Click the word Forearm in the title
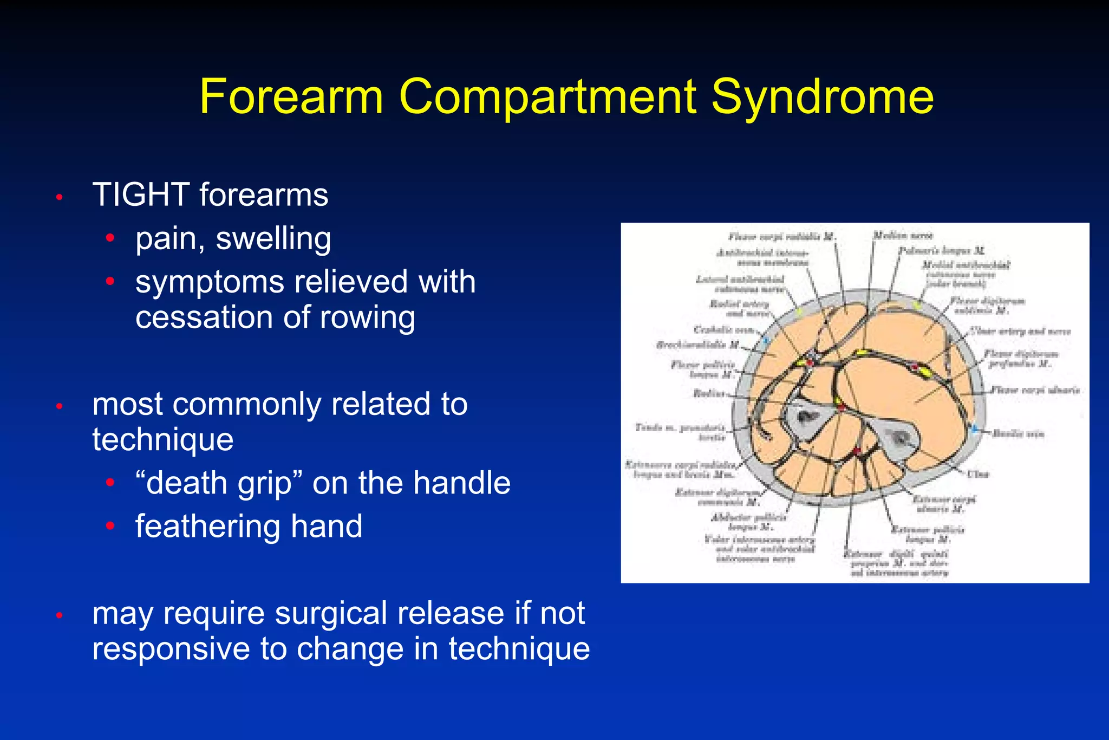291,98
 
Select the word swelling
273,239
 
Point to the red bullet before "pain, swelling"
110,238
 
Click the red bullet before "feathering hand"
110,525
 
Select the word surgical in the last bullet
331,614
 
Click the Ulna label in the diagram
978,474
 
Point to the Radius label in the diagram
708,393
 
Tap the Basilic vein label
1017,433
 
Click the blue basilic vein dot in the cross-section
975,429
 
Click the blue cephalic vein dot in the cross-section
766,341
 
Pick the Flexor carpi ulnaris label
1035,390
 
